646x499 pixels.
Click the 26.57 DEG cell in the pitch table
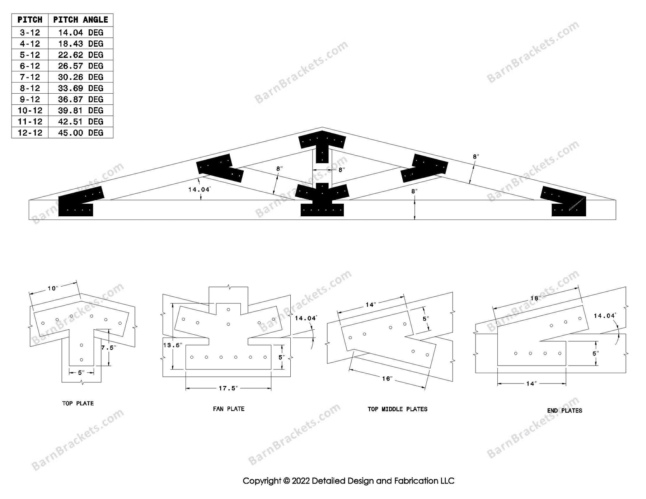(x=81, y=66)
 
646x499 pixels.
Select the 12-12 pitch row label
(x=30, y=133)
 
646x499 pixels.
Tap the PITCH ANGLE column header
(x=81, y=20)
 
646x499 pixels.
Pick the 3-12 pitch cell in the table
(x=30, y=33)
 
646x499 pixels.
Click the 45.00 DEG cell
(x=81, y=133)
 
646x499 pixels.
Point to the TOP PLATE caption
(x=78, y=404)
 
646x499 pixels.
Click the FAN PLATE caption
(x=229, y=409)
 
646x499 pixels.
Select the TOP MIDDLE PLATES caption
(x=398, y=409)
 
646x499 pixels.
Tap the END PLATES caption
(x=565, y=411)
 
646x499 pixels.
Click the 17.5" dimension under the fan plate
(x=228, y=389)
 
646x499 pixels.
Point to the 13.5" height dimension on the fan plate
(x=172, y=345)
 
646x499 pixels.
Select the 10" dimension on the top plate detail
(x=53, y=288)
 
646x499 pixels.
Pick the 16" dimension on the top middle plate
(x=387, y=379)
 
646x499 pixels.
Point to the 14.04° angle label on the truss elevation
(x=199, y=189)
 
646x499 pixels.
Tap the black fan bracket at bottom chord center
(x=322, y=200)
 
